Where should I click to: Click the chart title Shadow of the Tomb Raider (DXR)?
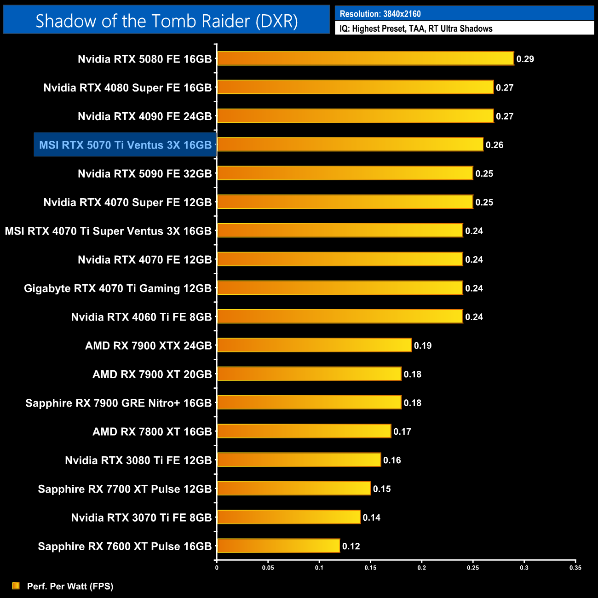coord(167,21)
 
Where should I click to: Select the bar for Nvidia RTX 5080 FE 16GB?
coord(365,58)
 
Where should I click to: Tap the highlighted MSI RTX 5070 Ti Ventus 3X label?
coord(125,145)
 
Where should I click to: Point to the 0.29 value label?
coord(525,59)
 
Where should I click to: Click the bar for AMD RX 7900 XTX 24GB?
coord(314,345)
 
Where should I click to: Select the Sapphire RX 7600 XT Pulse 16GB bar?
coord(278,546)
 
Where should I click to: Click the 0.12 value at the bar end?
coord(351,546)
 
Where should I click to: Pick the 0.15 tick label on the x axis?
coord(370,568)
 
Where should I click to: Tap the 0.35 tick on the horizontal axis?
coord(575,568)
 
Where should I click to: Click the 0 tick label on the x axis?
coord(217,568)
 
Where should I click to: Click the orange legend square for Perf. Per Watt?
coord(16,586)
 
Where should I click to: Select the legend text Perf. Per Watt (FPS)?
coord(70,586)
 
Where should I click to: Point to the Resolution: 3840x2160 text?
coord(380,14)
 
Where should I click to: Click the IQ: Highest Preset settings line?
coord(416,29)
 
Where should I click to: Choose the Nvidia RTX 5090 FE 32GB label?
coord(144,173)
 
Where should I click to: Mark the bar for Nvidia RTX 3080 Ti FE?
coord(299,460)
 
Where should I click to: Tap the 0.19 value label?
coord(423,345)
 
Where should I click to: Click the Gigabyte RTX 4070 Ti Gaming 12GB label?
coord(118,288)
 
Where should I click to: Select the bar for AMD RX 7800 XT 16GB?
coord(304,431)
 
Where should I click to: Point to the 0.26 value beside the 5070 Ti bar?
coord(494,145)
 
